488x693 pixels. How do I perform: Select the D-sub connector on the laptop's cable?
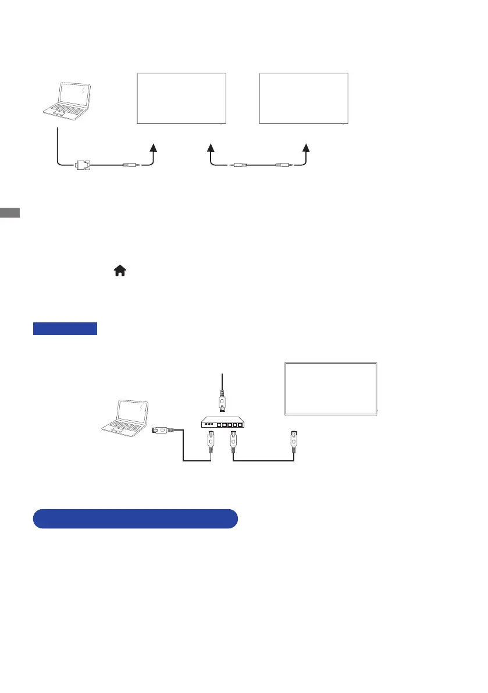[x=81, y=165]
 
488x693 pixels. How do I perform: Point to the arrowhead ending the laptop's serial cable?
[x=154, y=148]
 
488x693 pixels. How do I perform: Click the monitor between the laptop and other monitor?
[x=181, y=98]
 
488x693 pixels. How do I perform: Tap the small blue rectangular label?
[x=65, y=329]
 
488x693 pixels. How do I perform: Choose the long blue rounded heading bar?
[x=135, y=518]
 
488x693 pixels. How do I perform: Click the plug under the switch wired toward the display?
[x=233, y=443]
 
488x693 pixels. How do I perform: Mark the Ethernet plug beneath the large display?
[x=293, y=440]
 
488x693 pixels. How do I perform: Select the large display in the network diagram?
[x=330, y=388]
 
